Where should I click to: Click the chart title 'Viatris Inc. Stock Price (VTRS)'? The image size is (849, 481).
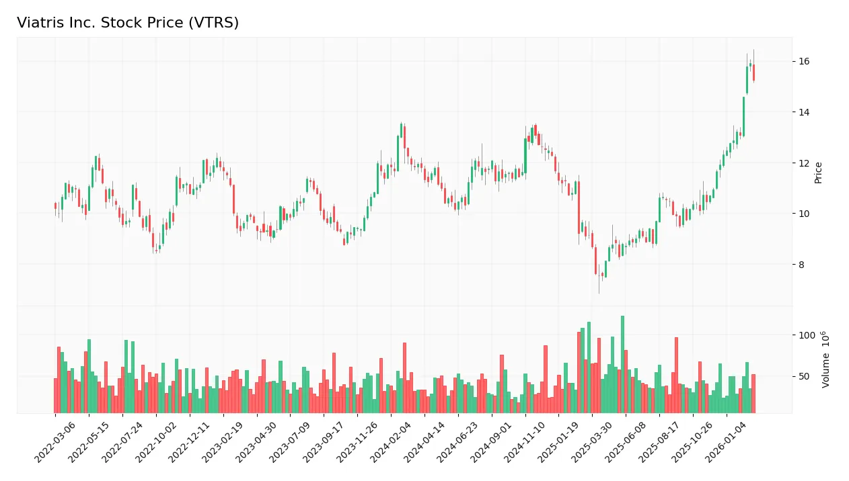click(128, 23)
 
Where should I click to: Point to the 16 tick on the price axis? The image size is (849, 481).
click(804, 62)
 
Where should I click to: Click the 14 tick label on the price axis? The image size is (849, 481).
click(804, 112)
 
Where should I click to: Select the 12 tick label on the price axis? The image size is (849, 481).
click(804, 163)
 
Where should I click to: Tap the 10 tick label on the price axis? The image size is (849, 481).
click(804, 214)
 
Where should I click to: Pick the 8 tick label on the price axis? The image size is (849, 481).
click(801, 265)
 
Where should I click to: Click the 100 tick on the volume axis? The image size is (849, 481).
click(807, 335)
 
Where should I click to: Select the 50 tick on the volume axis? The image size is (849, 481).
click(804, 376)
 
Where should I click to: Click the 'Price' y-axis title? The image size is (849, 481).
click(819, 173)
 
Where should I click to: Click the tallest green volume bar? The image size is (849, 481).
click(622, 364)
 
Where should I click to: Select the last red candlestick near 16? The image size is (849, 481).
click(753, 73)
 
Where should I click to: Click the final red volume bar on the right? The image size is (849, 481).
click(753, 394)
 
